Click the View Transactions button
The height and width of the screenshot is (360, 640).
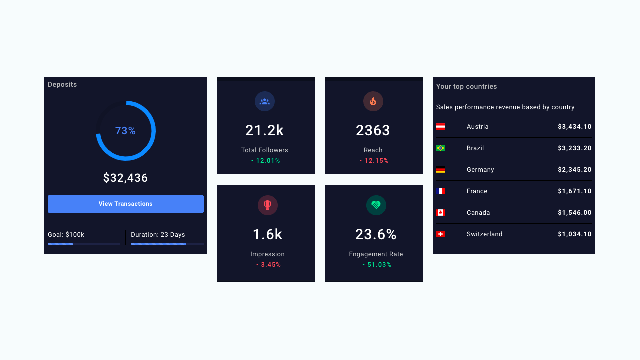[x=125, y=204]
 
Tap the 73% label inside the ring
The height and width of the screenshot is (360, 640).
[x=125, y=131]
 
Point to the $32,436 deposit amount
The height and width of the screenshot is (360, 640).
[x=125, y=178]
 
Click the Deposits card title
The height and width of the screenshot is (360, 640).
[x=62, y=84]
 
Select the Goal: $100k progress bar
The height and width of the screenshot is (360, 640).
[x=84, y=244]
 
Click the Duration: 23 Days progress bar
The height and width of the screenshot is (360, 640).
[x=167, y=244]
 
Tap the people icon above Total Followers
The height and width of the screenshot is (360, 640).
[x=265, y=101]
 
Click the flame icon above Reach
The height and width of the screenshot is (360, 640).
[x=373, y=101]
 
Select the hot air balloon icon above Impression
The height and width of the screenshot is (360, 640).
[x=267, y=205]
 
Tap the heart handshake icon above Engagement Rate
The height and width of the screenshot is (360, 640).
[x=376, y=205]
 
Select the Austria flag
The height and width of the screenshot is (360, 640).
[x=440, y=127]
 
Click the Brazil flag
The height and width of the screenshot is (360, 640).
[x=440, y=148]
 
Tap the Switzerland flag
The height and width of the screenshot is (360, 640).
[x=440, y=234]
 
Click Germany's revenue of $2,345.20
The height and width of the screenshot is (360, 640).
[x=575, y=169]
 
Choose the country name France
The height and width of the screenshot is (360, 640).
[x=477, y=191]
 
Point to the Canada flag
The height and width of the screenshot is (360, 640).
[x=440, y=213]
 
